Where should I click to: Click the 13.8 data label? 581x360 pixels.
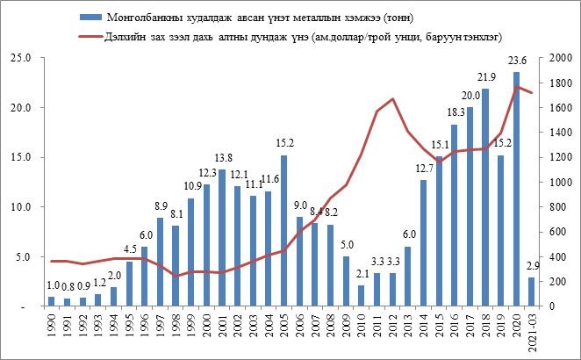point(222,159)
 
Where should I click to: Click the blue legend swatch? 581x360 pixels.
point(87,18)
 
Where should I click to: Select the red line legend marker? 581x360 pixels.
point(87,38)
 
